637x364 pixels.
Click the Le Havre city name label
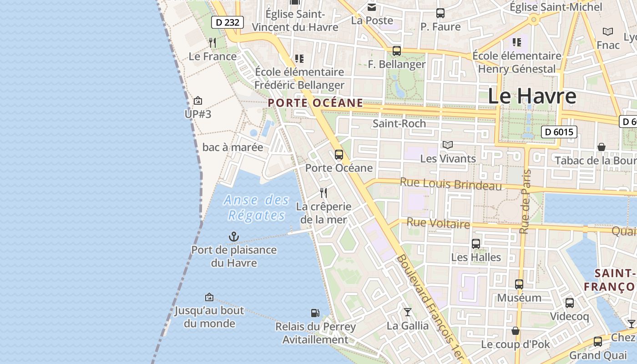[x=532, y=96]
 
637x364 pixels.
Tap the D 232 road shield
[x=227, y=22]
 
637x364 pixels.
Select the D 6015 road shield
[x=559, y=132]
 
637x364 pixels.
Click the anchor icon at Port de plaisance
[x=233, y=237]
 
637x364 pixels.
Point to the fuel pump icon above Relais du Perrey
[x=315, y=313]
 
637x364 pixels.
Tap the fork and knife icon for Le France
[x=212, y=43]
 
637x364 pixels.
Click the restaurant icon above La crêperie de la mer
[x=324, y=193]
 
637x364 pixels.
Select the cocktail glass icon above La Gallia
[x=407, y=312]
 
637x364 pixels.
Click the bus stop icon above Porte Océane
[x=339, y=155]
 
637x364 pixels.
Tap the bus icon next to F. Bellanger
[x=396, y=51]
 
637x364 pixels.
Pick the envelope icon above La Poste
[x=372, y=7]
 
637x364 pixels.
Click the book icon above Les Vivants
[x=448, y=145]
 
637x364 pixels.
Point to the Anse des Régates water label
[x=257, y=207]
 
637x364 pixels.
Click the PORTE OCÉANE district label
[x=315, y=103]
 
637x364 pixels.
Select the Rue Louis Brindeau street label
[x=450, y=184]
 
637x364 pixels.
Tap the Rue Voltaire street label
[x=438, y=223]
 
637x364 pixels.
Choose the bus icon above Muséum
[x=519, y=284]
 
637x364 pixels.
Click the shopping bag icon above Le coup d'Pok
[x=516, y=331]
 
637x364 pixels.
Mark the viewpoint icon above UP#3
[x=198, y=101]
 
